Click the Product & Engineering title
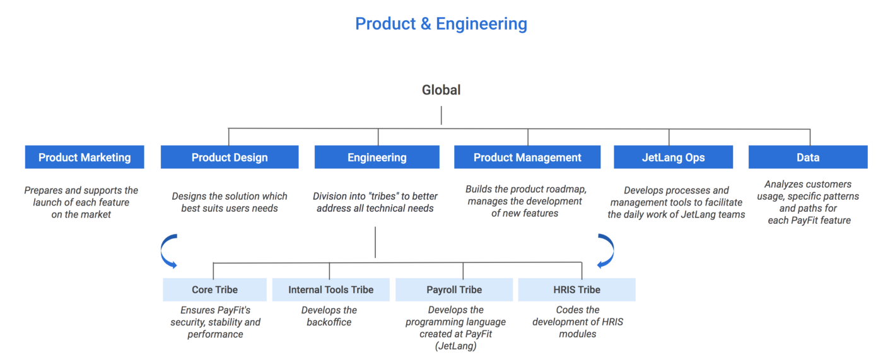click(x=441, y=23)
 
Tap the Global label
click(x=441, y=90)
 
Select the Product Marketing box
click(x=85, y=157)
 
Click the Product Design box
click(x=230, y=157)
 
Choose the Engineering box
click(x=377, y=157)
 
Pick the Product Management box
click(x=527, y=157)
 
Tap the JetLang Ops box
click(x=674, y=157)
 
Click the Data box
click(x=808, y=157)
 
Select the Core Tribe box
click(x=215, y=289)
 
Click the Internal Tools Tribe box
click(x=330, y=289)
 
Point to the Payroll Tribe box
click(x=454, y=289)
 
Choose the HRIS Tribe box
click(x=576, y=289)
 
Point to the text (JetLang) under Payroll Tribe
click(x=455, y=346)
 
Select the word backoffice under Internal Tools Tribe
click(x=329, y=322)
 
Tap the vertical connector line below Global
click(x=441, y=115)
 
